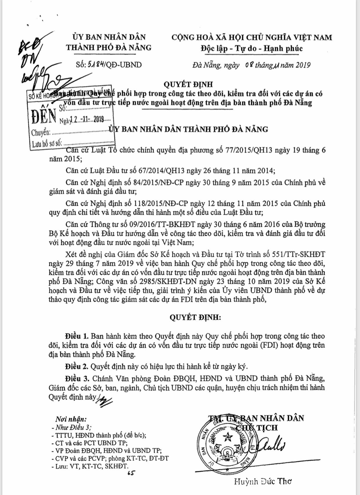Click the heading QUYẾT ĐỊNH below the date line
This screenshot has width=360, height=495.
tap(188, 84)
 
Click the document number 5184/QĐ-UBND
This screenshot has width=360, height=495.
tap(114, 65)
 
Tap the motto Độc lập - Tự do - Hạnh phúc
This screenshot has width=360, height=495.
tap(251, 48)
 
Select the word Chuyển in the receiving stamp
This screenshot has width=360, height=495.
tap(40, 133)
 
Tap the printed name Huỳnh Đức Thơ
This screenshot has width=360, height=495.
tap(263, 481)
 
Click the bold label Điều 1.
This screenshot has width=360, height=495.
tap(77, 336)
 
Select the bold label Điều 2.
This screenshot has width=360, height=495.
tap(77, 366)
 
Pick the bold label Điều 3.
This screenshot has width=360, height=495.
tap(77, 379)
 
